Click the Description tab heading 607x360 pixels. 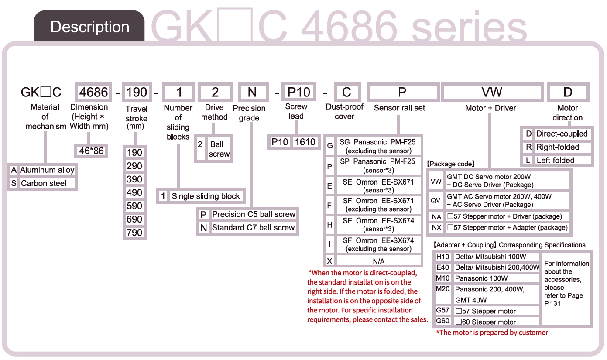pyautogui.click(x=89, y=27)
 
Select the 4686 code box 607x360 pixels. pyautogui.click(x=93, y=92)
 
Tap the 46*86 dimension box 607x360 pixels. pyautogui.click(x=91, y=151)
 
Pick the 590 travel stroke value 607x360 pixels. pyautogui.click(x=134, y=206)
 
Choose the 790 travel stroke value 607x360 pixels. pyautogui.click(x=134, y=233)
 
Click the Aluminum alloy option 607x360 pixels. pyautogui.click(x=47, y=170)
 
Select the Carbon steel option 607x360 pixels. pyautogui.click(x=44, y=183)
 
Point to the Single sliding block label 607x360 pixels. pyautogui.click(x=206, y=196)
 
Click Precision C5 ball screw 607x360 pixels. pyautogui.click(x=254, y=214)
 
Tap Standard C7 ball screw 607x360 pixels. pyautogui.click(x=253, y=227)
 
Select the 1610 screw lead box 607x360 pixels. pyautogui.click(x=305, y=142)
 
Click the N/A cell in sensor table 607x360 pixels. pyautogui.click(x=378, y=261)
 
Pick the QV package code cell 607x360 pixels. pyautogui.click(x=436, y=200)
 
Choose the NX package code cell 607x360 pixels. pyautogui.click(x=436, y=227)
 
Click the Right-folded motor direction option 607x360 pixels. pyautogui.click(x=557, y=147)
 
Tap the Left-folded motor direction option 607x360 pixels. pyautogui.click(x=555, y=160)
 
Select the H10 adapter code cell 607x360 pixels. pyautogui.click(x=442, y=257)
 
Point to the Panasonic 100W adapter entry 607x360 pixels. pyautogui.click(x=481, y=278)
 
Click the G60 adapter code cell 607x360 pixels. pyautogui.click(x=442, y=322)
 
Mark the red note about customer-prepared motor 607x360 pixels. pyautogui.click(x=492, y=333)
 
